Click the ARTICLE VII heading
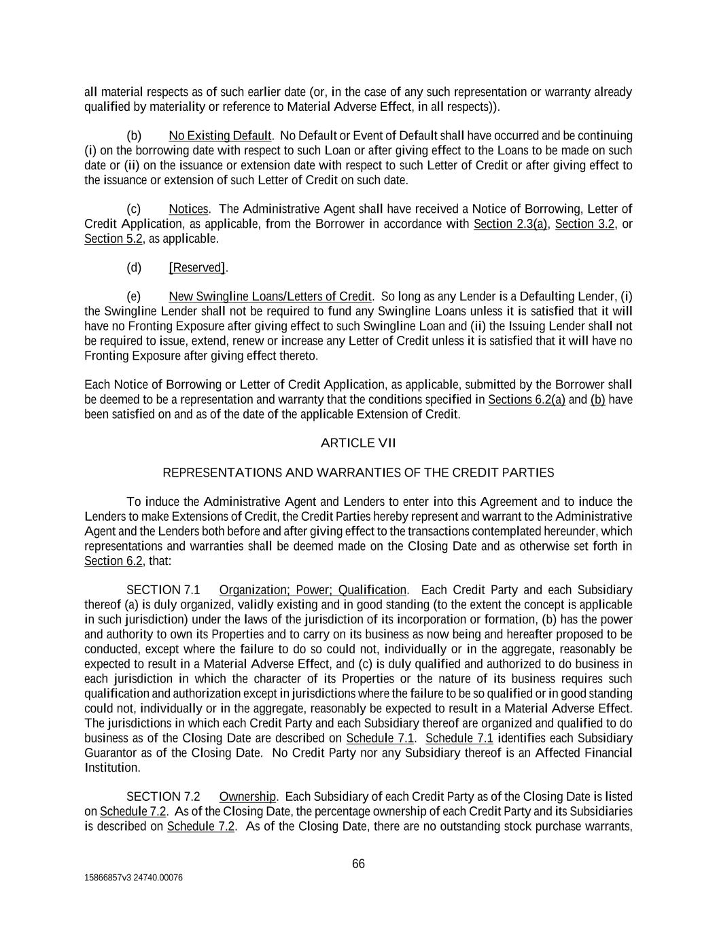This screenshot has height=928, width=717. (357, 443)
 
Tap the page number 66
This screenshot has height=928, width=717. (358, 863)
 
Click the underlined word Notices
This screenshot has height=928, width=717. (188, 209)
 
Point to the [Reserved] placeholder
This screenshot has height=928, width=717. (197, 267)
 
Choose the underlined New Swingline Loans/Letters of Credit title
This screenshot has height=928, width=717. (270, 296)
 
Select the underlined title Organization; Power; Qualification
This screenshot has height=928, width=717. (313, 589)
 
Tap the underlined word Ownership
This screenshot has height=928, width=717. (247, 796)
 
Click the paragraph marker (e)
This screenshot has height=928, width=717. (134, 296)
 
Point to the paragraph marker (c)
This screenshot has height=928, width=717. (134, 209)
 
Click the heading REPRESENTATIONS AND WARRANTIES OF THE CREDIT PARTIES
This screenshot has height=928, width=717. (358, 472)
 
